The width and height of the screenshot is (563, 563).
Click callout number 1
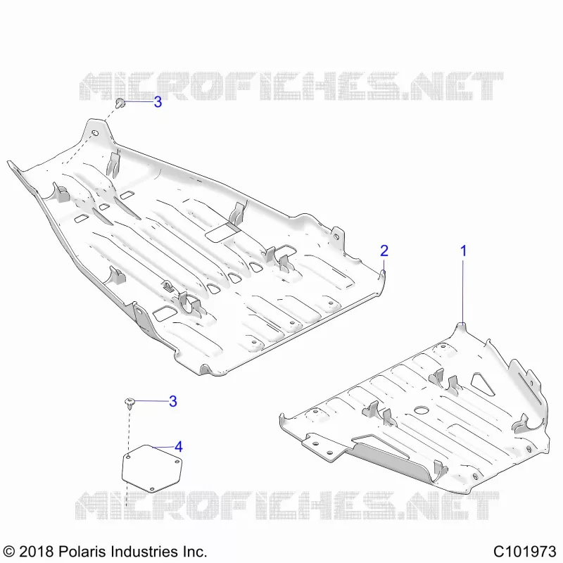tap(464, 251)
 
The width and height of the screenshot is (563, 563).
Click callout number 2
tap(384, 251)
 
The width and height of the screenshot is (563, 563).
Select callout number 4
tap(179, 447)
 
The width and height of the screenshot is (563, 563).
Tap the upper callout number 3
tap(158, 102)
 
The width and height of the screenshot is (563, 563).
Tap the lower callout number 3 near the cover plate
tap(173, 401)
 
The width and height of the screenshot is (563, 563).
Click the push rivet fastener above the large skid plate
tap(120, 103)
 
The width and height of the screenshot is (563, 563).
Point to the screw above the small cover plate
tap(129, 403)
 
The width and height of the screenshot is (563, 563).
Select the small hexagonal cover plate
tap(152, 469)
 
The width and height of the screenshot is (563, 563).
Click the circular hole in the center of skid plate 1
tap(422, 410)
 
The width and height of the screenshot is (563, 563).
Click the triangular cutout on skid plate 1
tap(482, 383)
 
